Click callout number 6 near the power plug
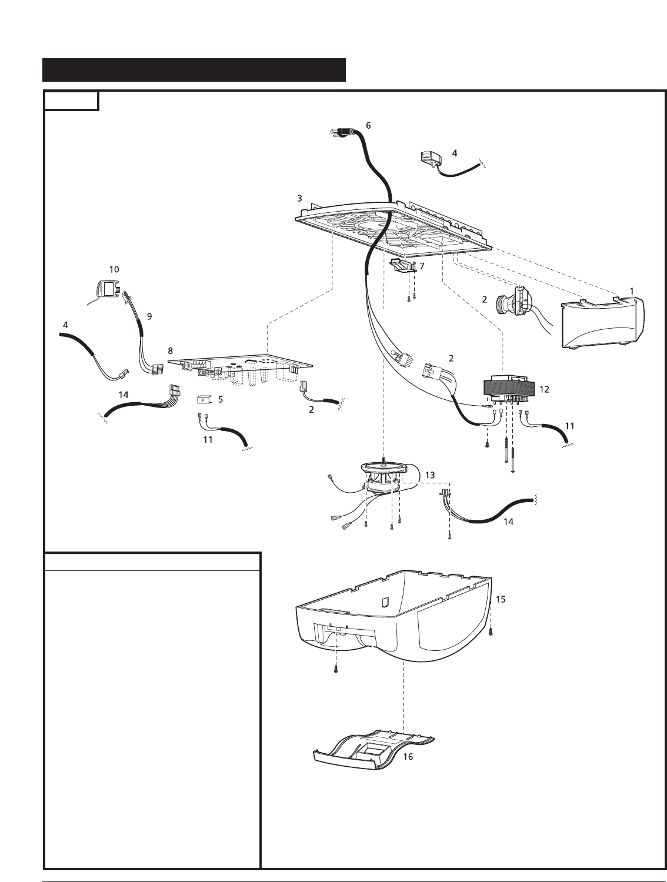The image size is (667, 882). (368, 125)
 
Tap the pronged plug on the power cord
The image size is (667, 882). (341, 133)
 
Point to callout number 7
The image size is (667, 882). (422, 266)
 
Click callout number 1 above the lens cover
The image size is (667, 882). (632, 290)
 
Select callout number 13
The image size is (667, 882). (430, 475)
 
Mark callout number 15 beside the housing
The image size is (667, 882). (501, 599)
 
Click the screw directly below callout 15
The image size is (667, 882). (492, 632)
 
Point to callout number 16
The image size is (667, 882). (408, 757)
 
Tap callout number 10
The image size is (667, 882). (114, 269)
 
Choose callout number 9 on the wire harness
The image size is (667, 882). (149, 316)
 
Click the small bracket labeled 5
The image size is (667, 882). (202, 400)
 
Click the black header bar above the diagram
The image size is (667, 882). (194, 69)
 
